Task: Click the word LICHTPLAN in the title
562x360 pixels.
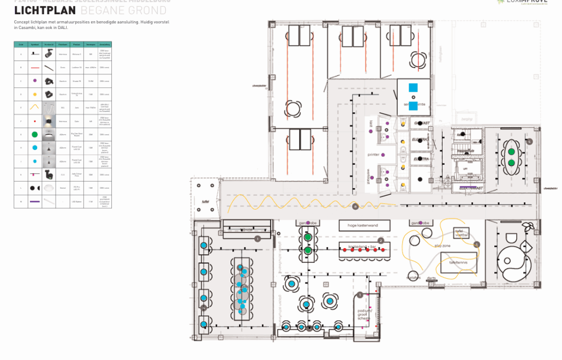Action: tap(45, 10)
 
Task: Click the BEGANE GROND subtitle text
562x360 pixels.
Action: tap(123, 10)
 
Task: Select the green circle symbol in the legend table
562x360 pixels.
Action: tap(34, 134)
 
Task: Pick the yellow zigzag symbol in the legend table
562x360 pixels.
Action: tap(34, 107)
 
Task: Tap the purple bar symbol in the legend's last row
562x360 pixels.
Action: tap(34, 201)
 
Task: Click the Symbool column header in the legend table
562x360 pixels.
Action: tap(34, 44)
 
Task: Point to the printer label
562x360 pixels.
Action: tap(373, 155)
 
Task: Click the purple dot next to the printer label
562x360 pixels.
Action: tap(383, 155)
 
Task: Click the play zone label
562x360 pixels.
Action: tap(442, 246)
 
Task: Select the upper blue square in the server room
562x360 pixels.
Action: tap(413, 87)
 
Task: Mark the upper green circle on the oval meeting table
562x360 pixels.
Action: tap(511, 151)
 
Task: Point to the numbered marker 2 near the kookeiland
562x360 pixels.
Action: tap(381, 241)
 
